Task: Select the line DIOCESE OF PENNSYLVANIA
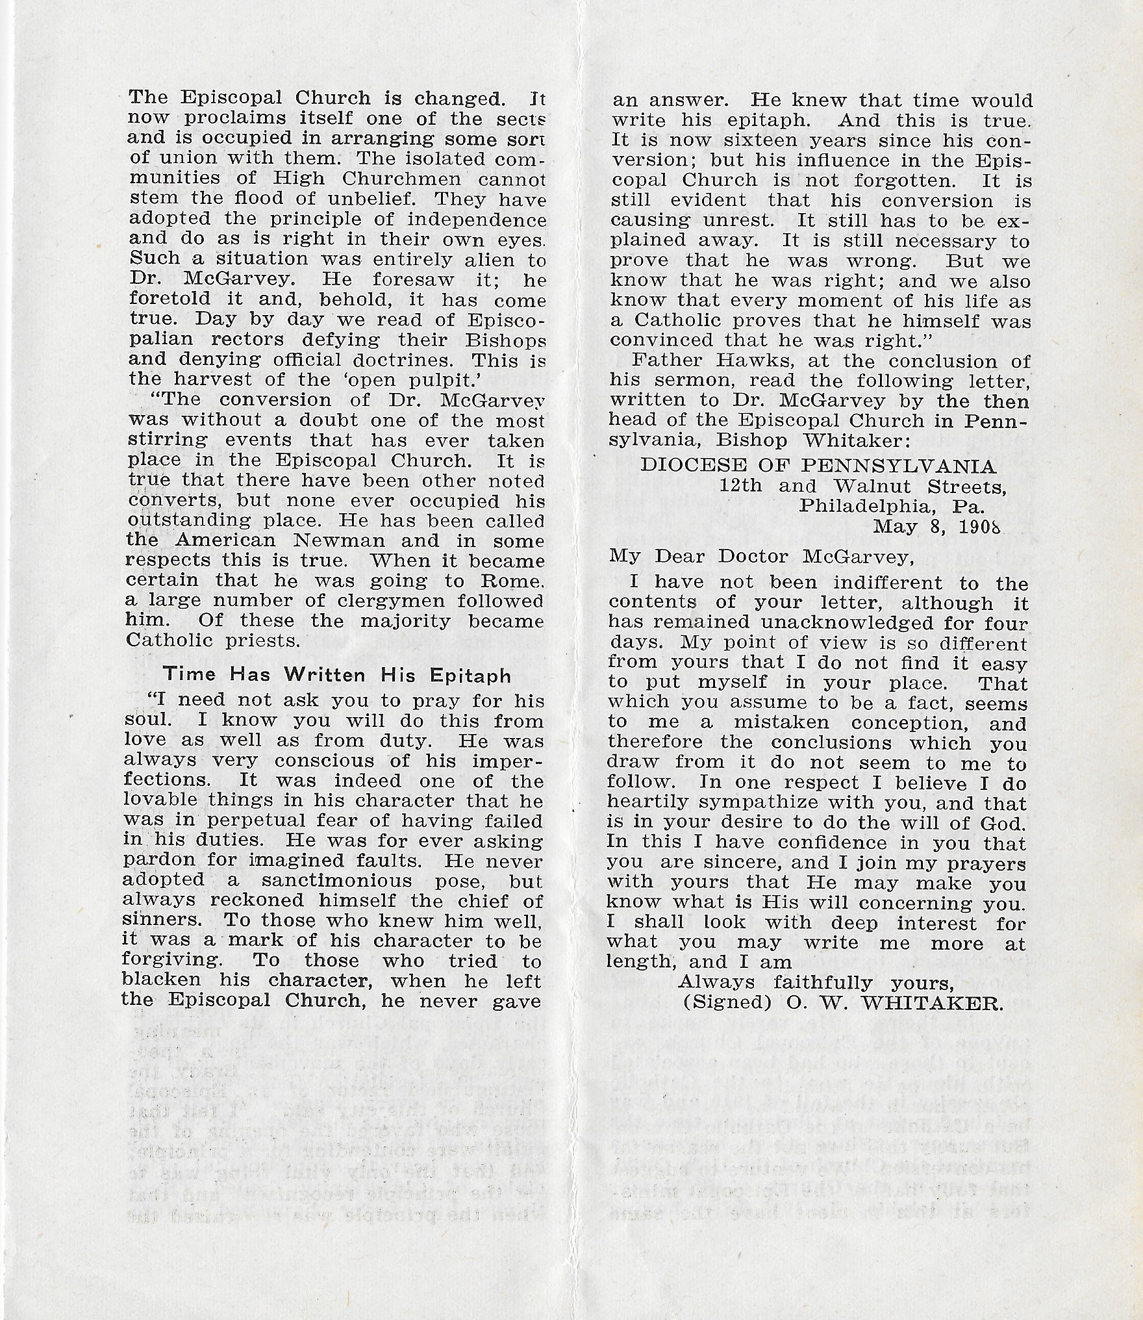point(818,466)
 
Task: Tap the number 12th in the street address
point(740,486)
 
